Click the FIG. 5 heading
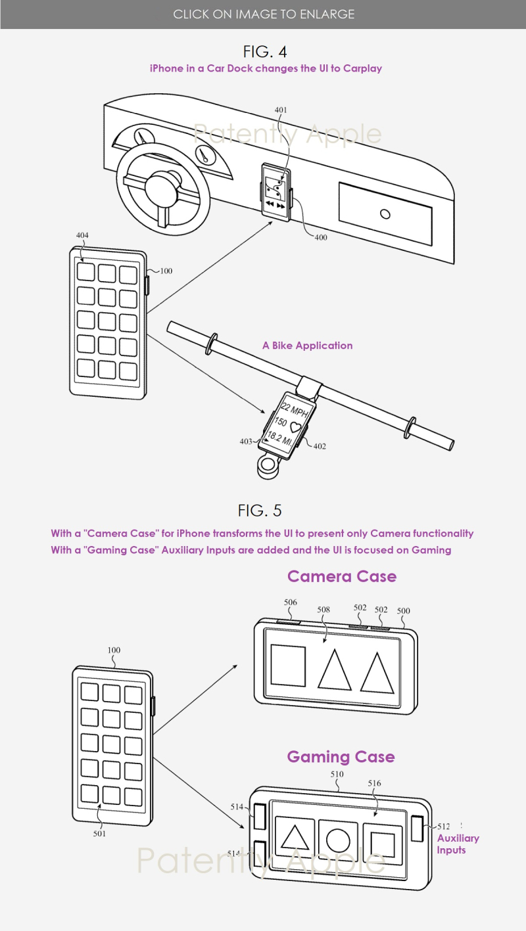tap(260, 511)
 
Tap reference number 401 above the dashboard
tap(281, 110)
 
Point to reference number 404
tap(82, 235)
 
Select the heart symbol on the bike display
tap(296, 426)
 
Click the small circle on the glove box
tap(385, 214)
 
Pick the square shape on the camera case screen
tap(288, 665)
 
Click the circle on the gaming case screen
tap(338, 840)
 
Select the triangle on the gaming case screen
tap(295, 837)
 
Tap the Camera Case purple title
tap(342, 576)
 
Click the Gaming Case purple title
tap(341, 757)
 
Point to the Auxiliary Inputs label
tap(458, 844)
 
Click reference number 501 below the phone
tap(99, 833)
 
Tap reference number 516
tap(374, 783)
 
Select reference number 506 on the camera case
tap(291, 602)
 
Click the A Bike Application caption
tap(307, 346)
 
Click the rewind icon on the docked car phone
tap(270, 204)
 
